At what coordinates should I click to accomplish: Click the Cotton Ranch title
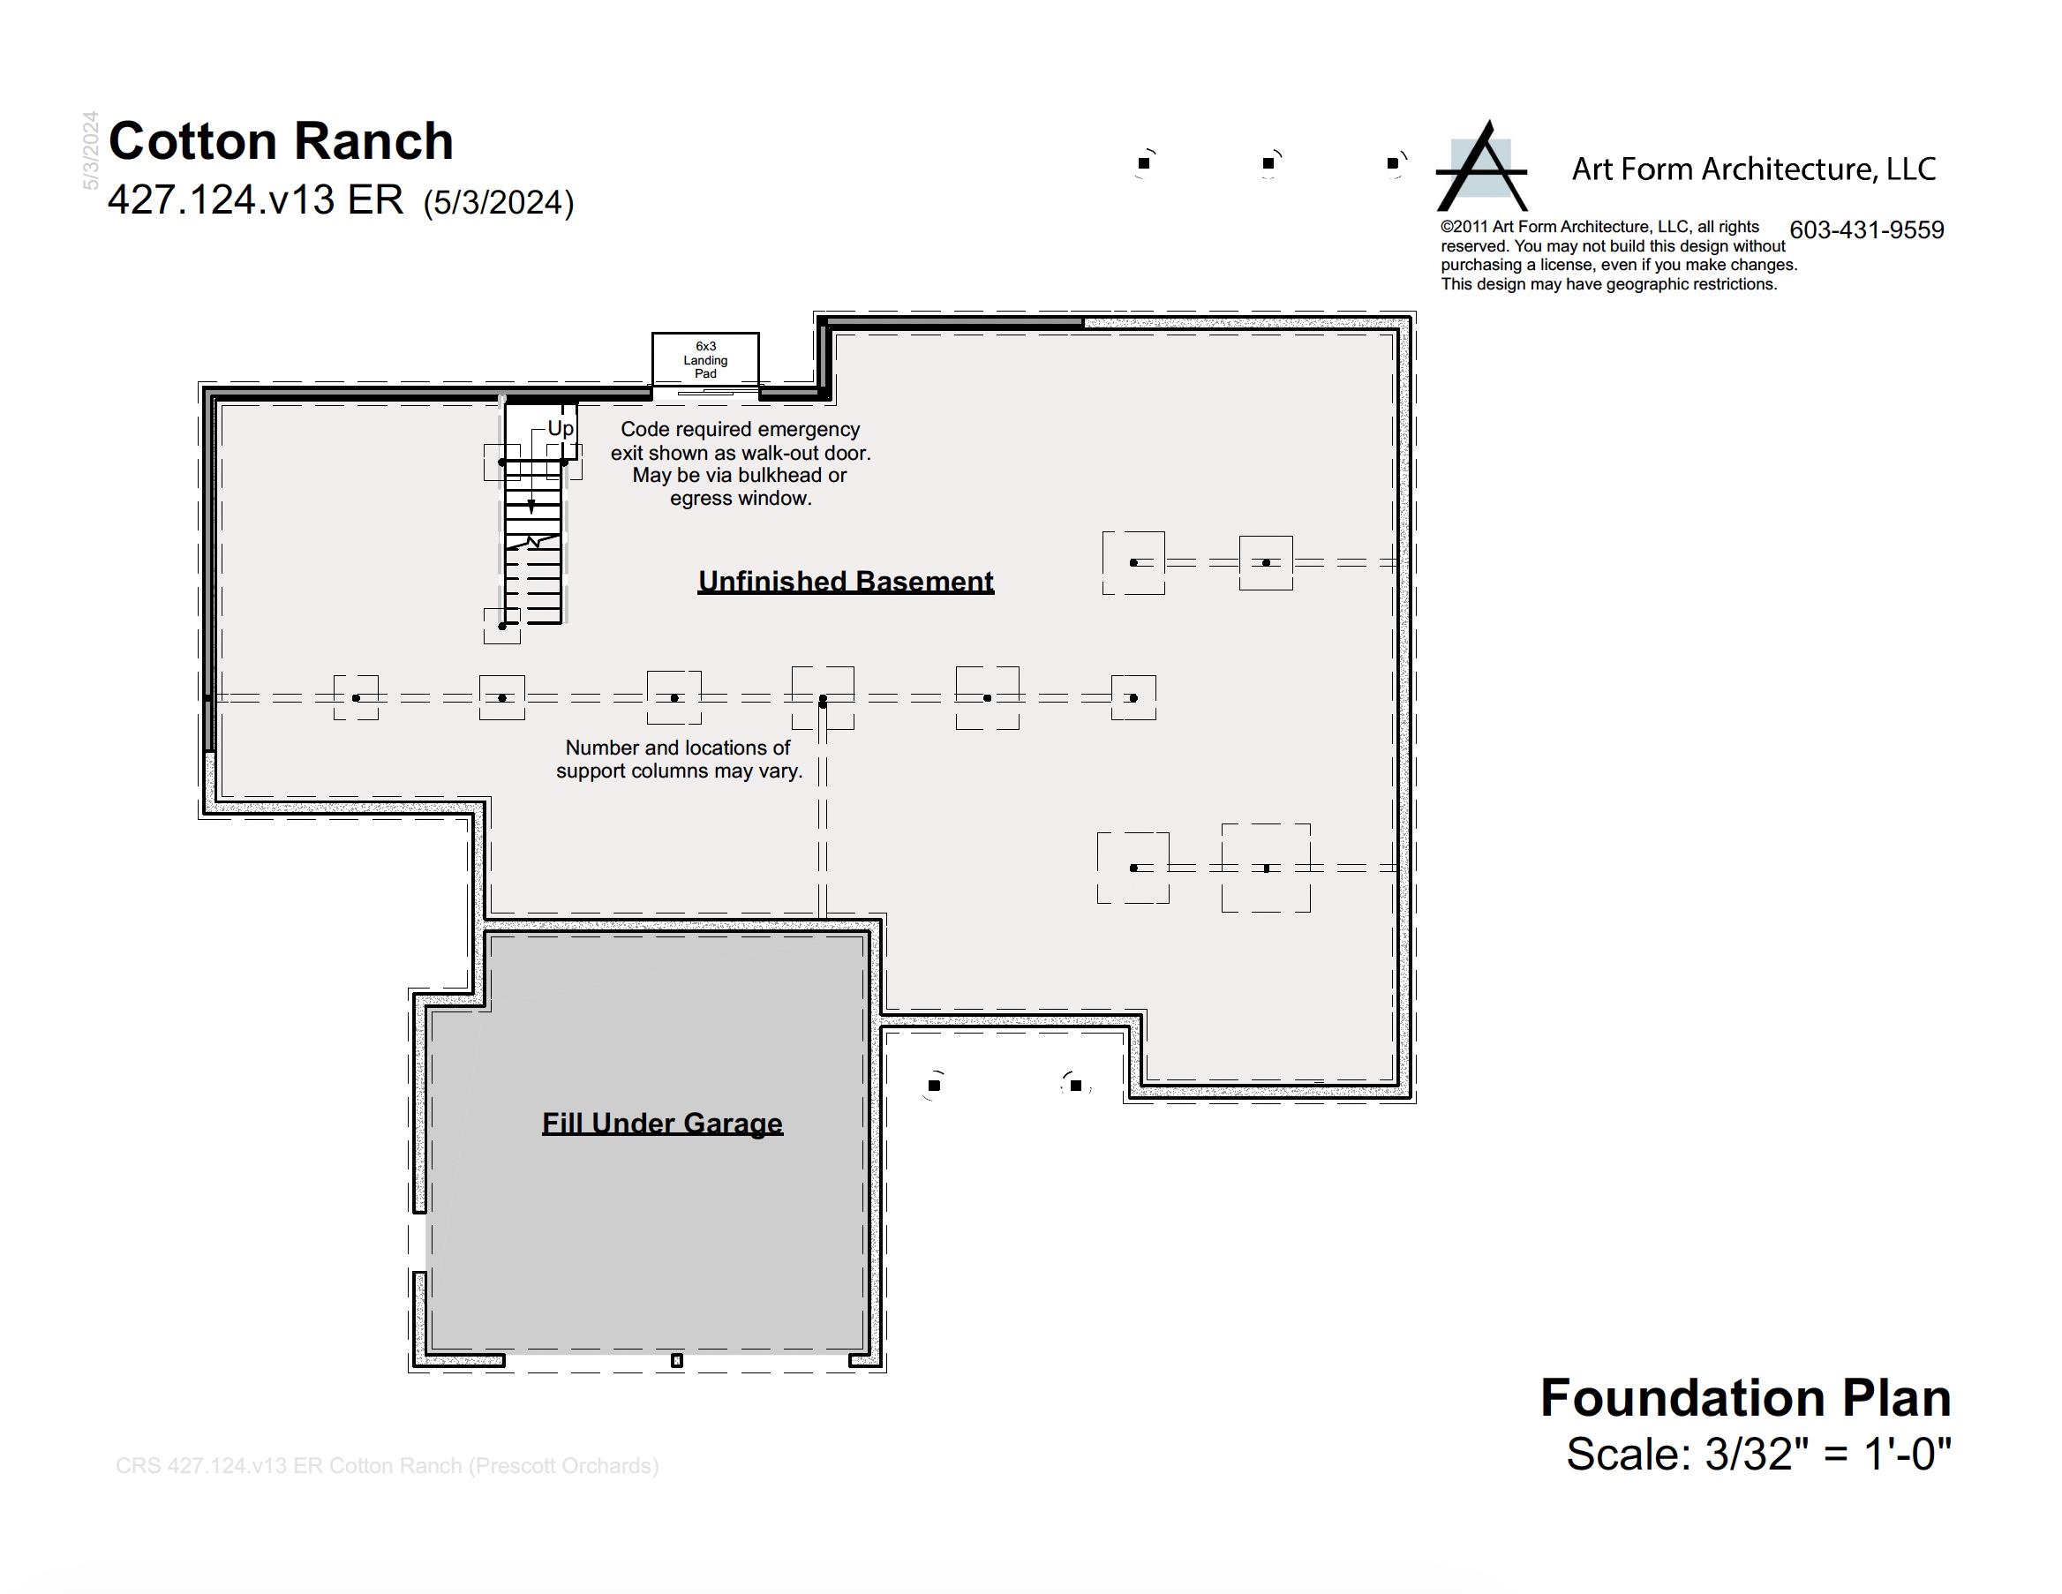(282, 141)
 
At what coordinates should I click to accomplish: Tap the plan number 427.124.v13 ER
(256, 200)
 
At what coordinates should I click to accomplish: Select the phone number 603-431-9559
(1867, 230)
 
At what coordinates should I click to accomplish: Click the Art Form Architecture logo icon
(1481, 166)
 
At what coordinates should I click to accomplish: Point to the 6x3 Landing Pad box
(705, 359)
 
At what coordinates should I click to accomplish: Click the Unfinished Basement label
(846, 582)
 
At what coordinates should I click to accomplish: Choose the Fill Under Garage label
(663, 1123)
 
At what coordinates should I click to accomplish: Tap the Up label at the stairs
(561, 429)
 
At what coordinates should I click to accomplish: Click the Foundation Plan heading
(1746, 1397)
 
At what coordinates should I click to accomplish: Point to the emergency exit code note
(741, 463)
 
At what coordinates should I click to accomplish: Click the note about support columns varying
(679, 759)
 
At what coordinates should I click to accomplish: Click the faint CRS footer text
(388, 1465)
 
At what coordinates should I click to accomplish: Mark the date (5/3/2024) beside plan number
(499, 203)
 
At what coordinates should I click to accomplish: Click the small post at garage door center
(676, 1361)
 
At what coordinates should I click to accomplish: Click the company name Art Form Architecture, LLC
(1754, 169)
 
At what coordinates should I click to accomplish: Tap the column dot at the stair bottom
(502, 626)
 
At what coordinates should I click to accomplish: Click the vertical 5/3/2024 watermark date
(91, 150)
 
